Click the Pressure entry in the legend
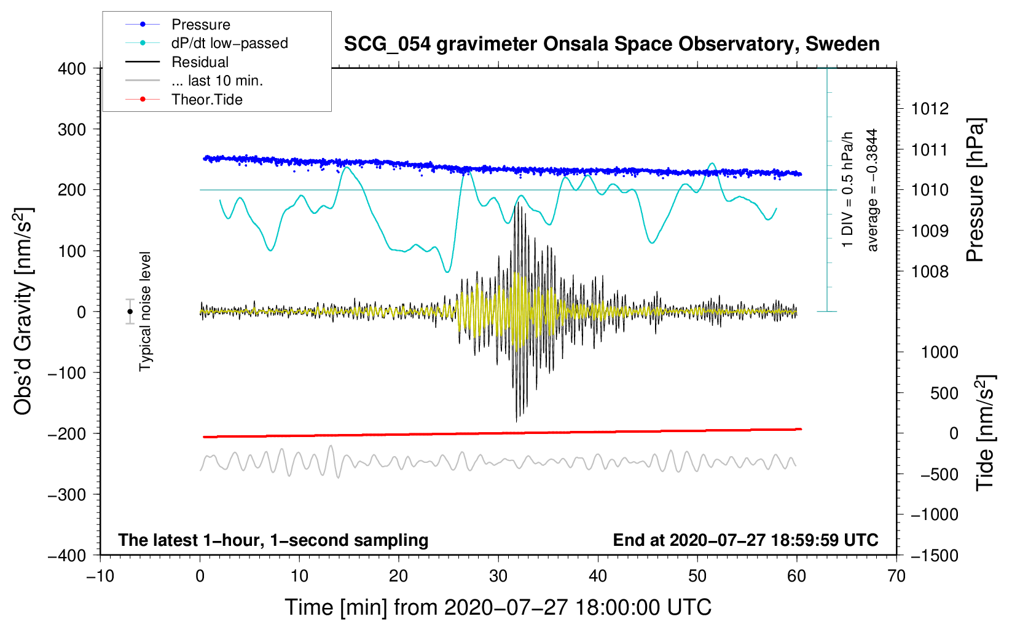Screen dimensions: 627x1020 [200, 25]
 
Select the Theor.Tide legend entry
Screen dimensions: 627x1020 [206, 100]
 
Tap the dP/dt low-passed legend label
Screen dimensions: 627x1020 [229, 43]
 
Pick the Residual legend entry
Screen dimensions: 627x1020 [200, 62]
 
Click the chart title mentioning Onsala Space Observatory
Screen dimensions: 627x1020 [611, 44]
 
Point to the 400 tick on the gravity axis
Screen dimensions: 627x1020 [73, 69]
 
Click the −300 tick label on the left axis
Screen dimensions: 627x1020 [67, 495]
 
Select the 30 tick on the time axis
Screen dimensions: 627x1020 [498, 576]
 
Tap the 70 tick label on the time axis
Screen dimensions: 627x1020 [896, 576]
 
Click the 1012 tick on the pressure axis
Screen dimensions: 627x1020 [930, 109]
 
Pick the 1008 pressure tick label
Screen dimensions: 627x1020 [930, 272]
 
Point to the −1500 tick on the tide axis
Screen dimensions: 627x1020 [934, 555]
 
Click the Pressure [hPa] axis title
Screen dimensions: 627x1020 [975, 190]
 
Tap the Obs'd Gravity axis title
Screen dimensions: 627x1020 [23, 311]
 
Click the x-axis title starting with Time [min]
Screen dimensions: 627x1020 [498, 607]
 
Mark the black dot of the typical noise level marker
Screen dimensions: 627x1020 [130, 312]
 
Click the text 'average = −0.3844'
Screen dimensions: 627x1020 [872, 190]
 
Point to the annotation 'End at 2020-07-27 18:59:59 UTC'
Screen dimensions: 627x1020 [745, 540]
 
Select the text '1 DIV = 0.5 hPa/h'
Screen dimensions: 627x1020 [848, 189]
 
